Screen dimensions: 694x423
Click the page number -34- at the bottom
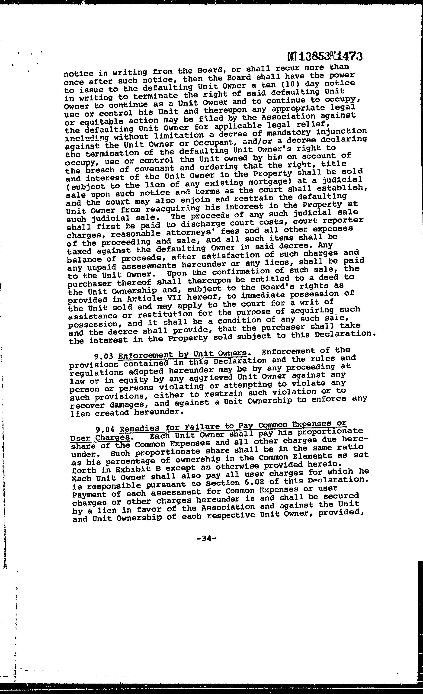[207, 539]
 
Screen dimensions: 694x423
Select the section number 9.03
[104, 357]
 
